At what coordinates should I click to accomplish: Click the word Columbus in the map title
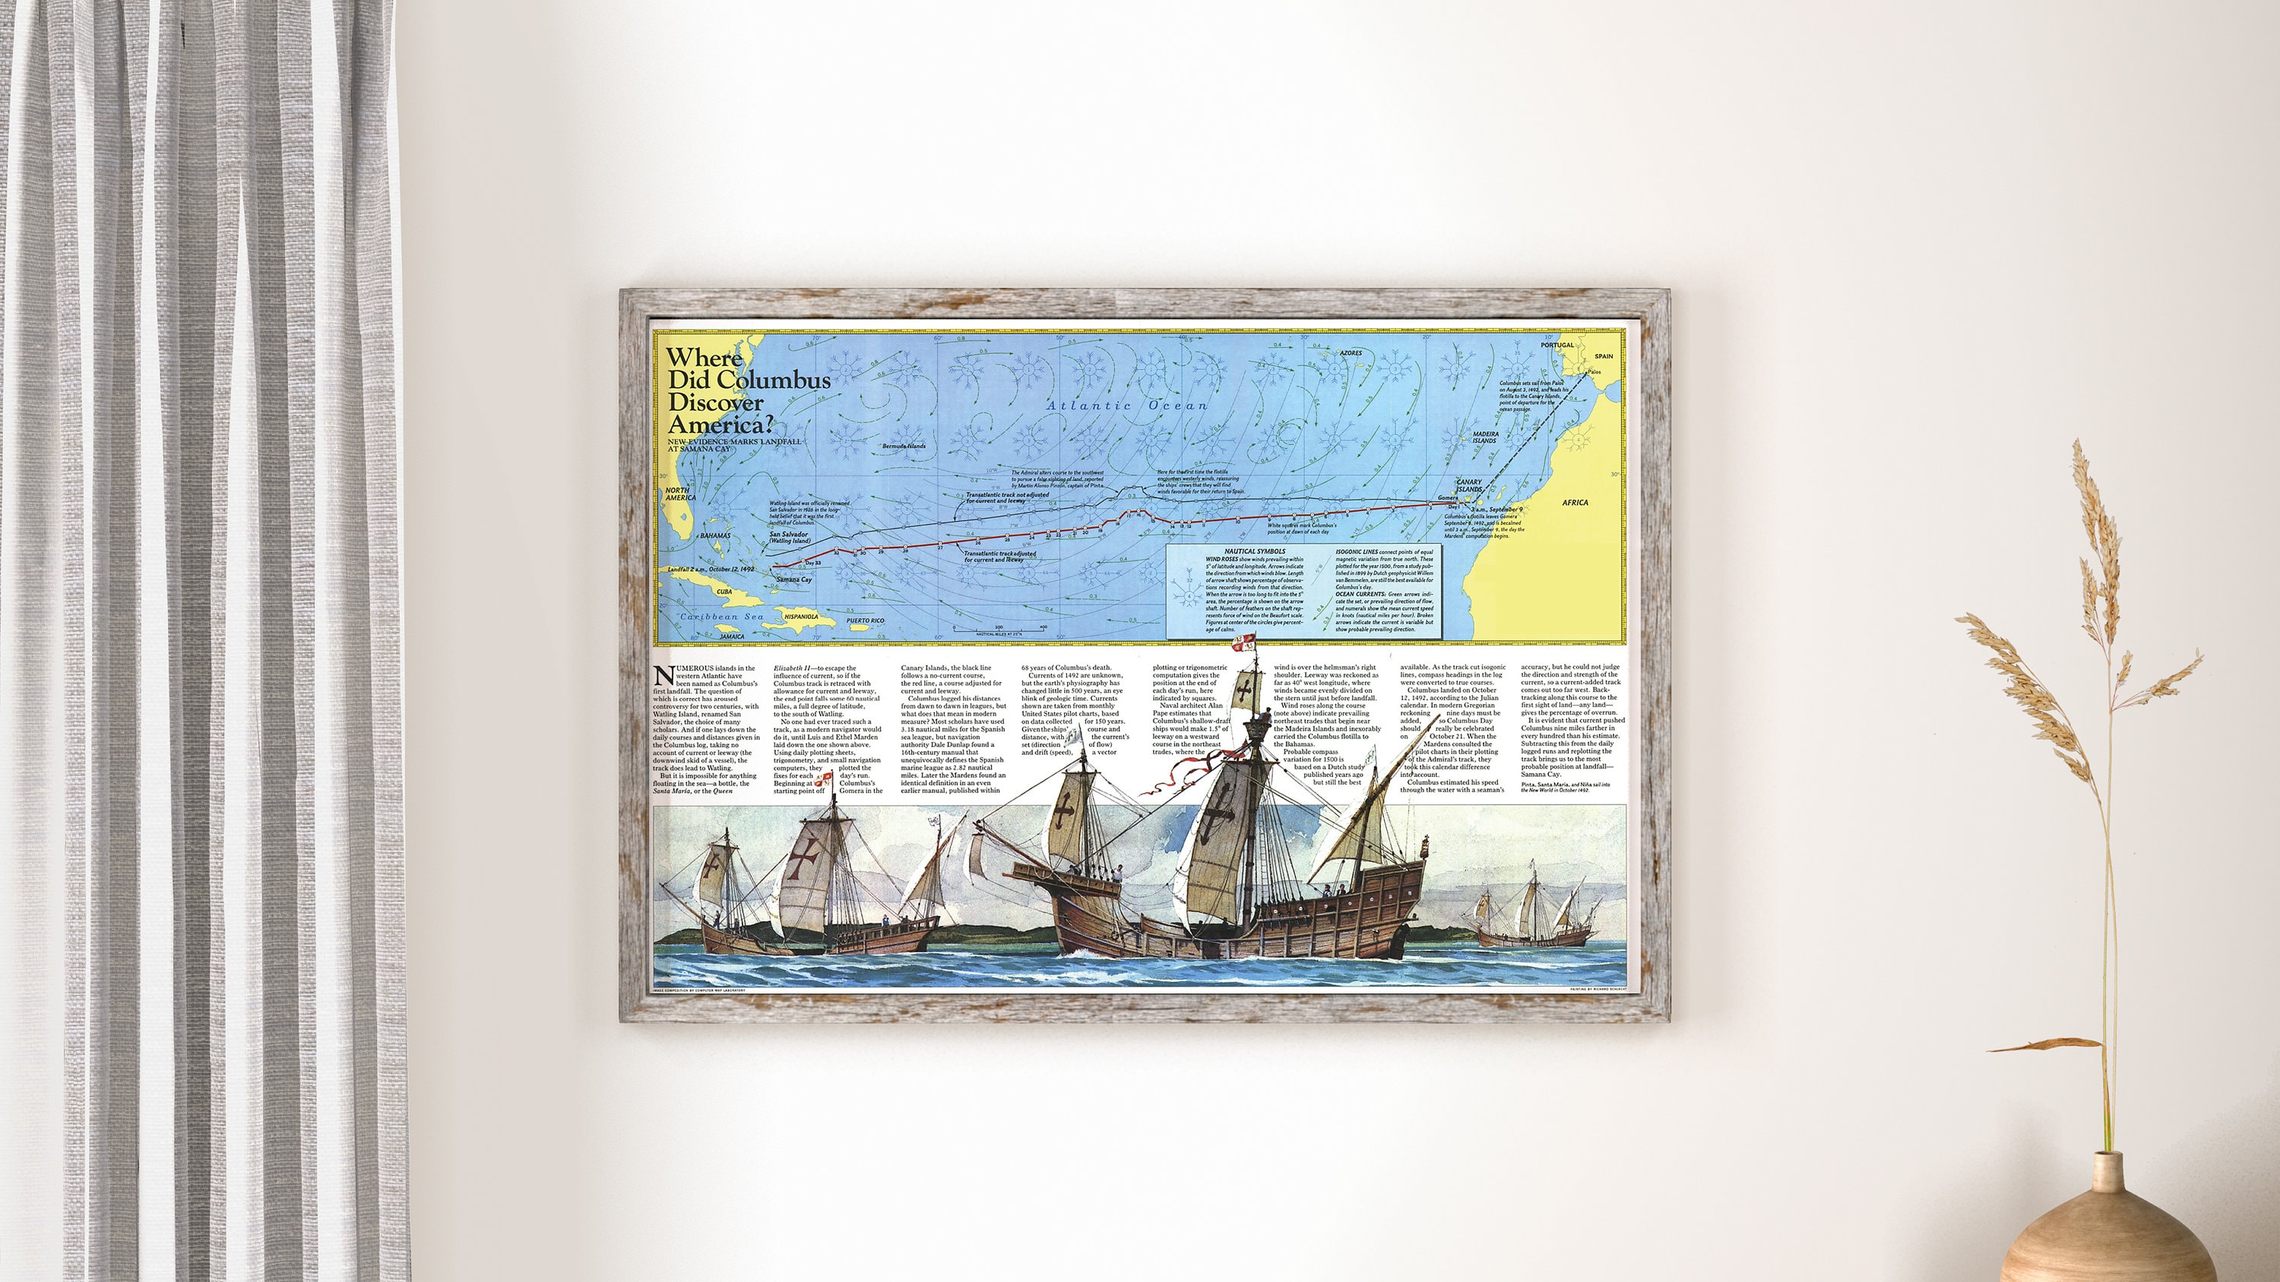(774, 380)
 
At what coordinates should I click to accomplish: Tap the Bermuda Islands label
(904, 446)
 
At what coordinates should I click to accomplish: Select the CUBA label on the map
(724, 592)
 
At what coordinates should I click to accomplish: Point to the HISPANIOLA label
(800, 616)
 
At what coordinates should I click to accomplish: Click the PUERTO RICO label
(865, 621)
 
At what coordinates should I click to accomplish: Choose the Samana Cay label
(794, 579)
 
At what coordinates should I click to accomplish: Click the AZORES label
(1351, 353)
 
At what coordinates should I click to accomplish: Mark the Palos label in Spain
(1594, 371)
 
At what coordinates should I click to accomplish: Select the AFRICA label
(1575, 503)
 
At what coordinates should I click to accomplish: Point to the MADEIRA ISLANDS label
(1485, 437)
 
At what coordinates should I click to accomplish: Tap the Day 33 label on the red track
(812, 563)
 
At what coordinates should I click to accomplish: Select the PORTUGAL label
(1557, 345)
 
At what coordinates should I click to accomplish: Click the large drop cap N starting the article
(663, 676)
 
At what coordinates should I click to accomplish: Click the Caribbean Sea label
(721, 617)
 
